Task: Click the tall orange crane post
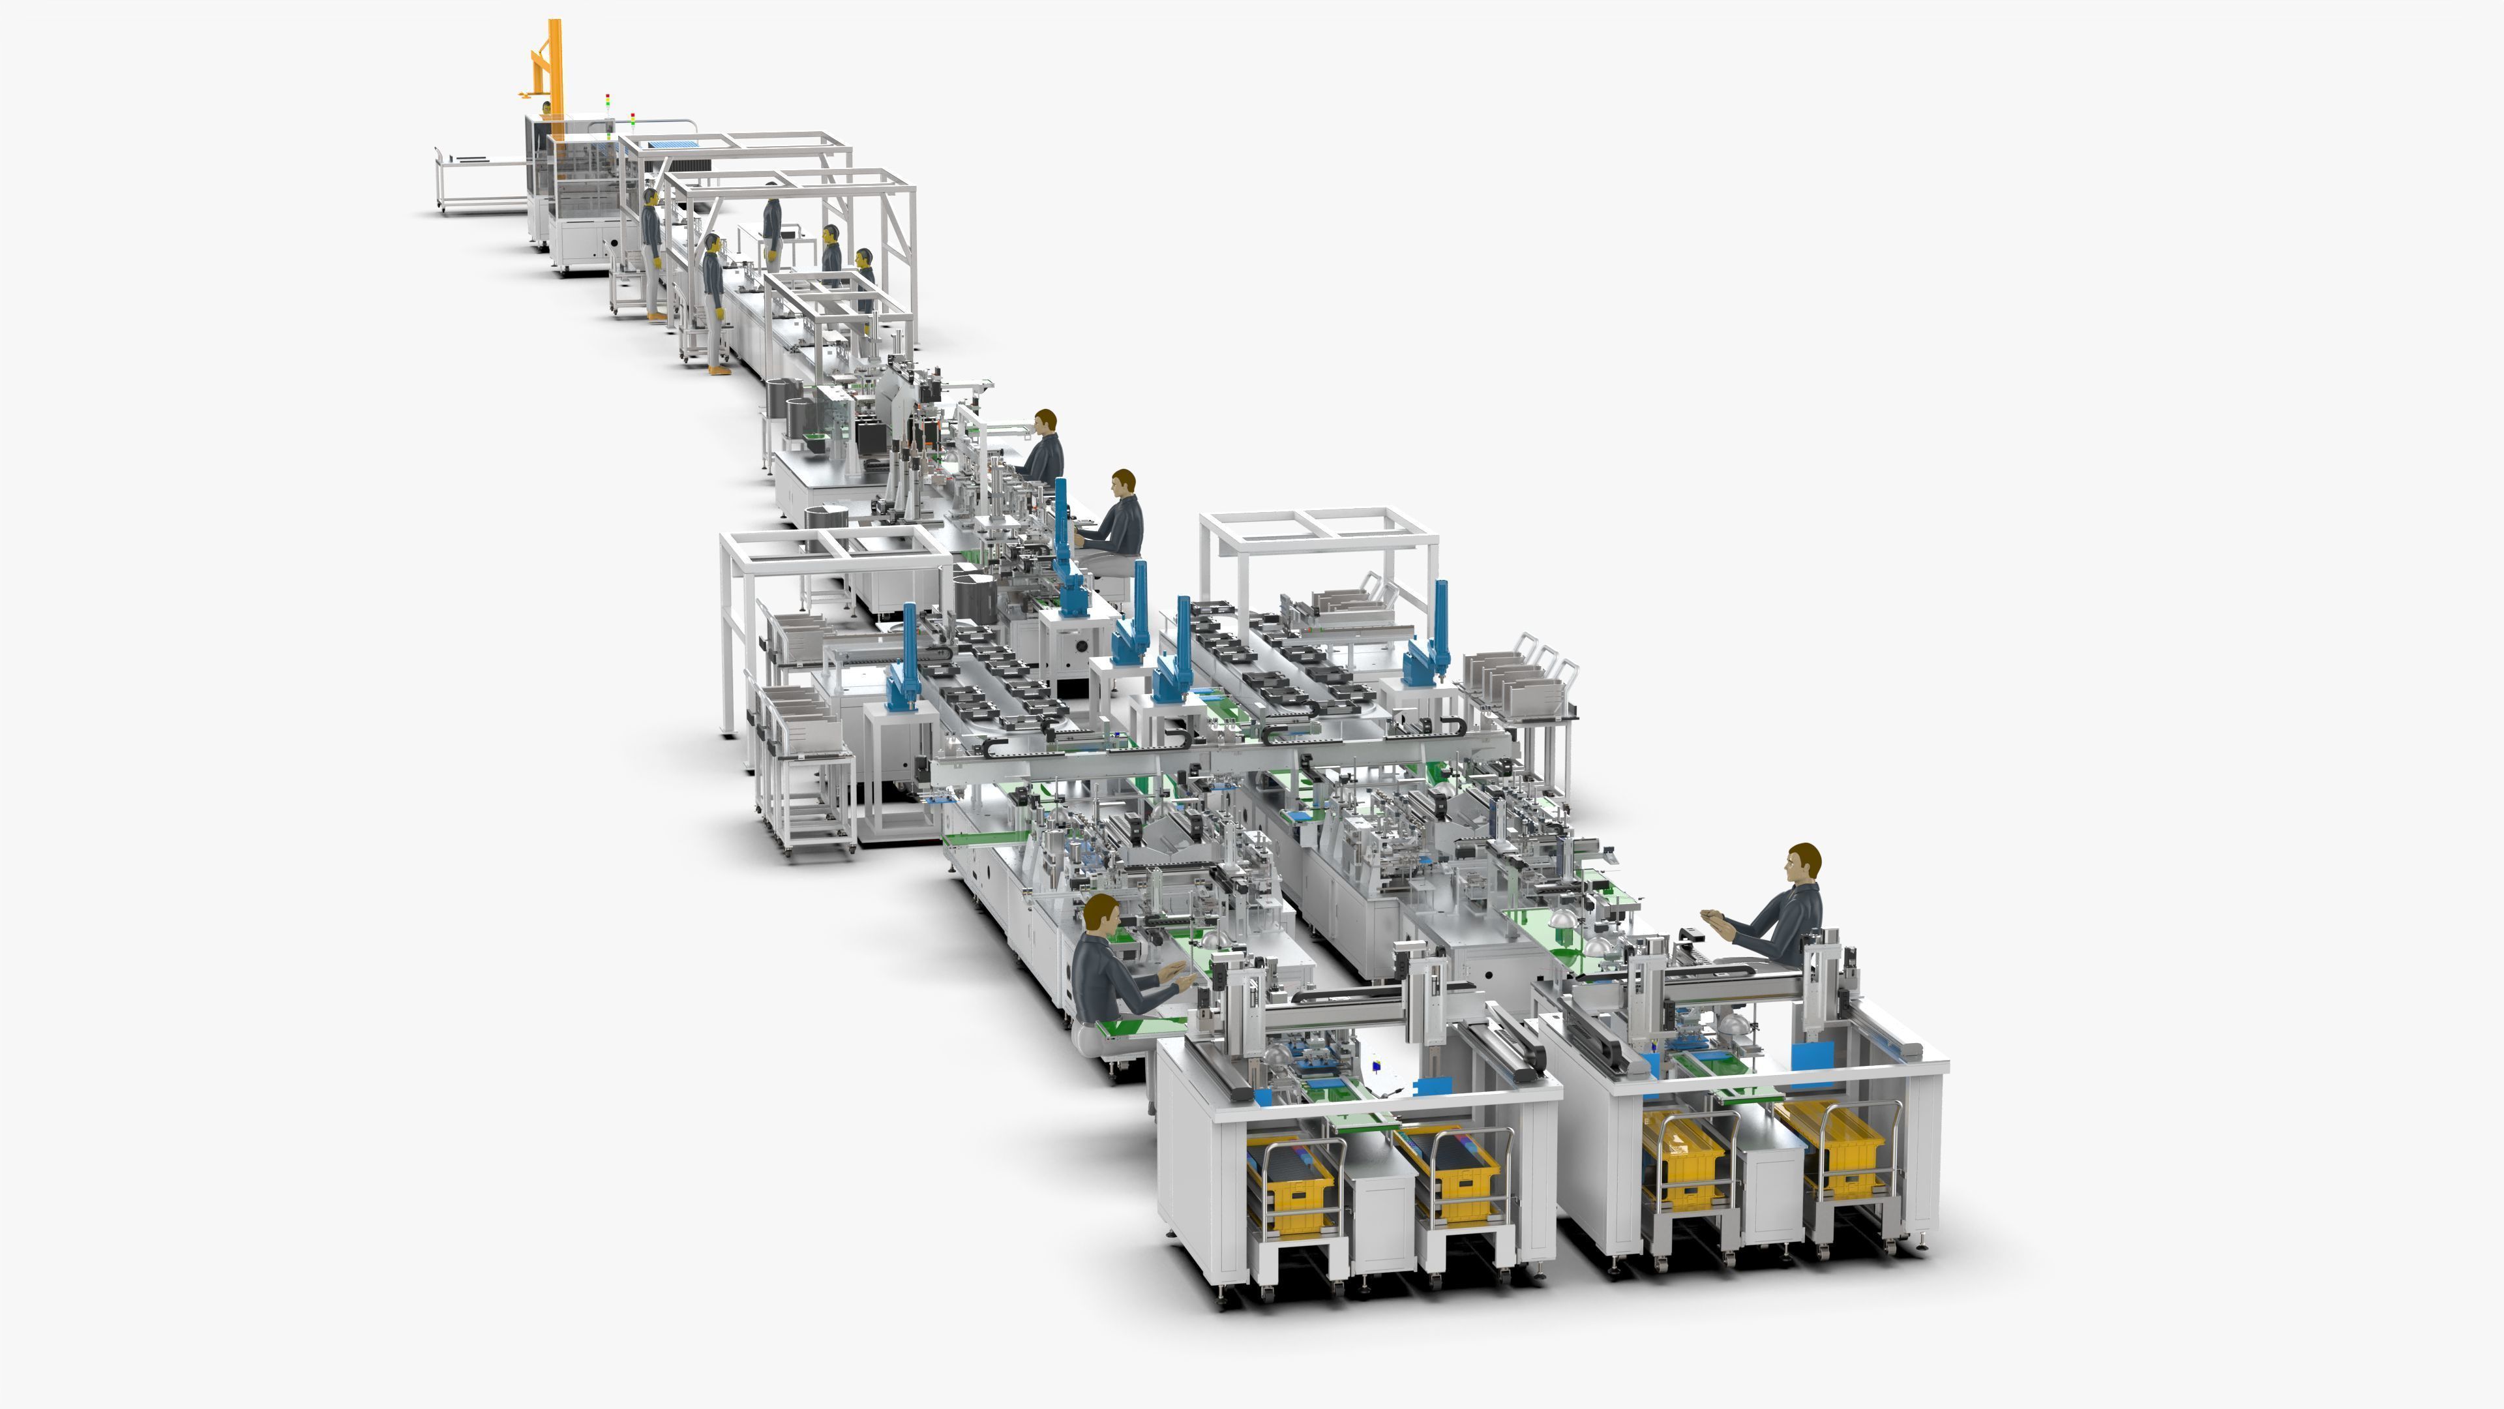pos(554,68)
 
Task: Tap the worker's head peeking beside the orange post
pos(546,107)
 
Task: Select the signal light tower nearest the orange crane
pos(608,107)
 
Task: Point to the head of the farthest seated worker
pos(1045,422)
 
